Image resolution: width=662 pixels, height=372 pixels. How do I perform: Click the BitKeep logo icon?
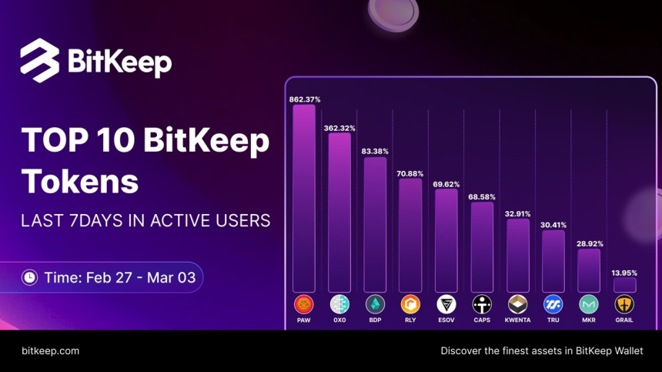(40, 60)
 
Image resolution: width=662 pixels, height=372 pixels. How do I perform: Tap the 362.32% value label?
(339, 128)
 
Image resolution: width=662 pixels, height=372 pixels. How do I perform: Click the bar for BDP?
(375, 224)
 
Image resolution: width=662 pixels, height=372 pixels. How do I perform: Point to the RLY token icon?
(410, 304)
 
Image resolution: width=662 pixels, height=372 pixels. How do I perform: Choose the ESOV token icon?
(446, 304)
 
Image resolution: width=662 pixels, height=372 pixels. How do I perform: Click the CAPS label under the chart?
(482, 320)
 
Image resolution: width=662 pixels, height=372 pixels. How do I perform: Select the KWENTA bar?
(517, 255)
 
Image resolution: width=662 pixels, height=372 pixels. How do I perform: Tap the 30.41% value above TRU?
(553, 225)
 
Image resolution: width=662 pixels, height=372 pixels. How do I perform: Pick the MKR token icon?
(589, 304)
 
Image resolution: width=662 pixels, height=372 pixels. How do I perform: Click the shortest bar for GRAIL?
(624, 284)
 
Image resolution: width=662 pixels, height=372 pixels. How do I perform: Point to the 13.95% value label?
(624, 273)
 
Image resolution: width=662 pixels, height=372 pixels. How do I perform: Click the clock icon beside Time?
(29, 276)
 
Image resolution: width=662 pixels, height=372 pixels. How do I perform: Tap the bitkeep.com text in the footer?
(50, 350)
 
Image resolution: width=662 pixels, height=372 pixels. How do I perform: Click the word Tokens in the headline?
(80, 182)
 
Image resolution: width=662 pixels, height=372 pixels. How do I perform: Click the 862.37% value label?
(304, 99)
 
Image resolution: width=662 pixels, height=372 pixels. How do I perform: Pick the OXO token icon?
(339, 304)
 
